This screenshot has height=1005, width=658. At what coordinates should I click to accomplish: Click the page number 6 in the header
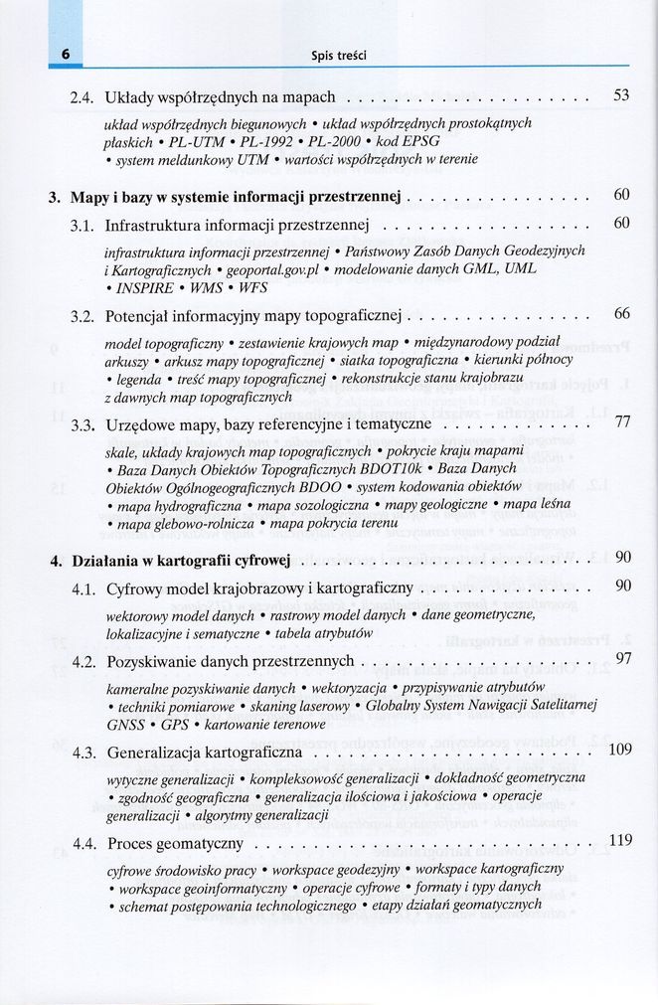[x=64, y=54]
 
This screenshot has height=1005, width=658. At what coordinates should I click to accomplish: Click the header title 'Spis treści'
[x=339, y=55]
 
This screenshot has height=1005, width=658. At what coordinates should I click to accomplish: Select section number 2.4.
[x=82, y=97]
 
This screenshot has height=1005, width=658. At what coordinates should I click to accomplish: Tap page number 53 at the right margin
[x=621, y=95]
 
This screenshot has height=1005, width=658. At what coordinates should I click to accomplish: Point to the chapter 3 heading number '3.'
[x=56, y=197]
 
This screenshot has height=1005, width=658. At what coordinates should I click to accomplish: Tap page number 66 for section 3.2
[x=621, y=314]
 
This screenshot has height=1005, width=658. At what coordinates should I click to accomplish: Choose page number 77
[x=622, y=421]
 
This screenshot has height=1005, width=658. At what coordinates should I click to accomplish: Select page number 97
[x=623, y=657]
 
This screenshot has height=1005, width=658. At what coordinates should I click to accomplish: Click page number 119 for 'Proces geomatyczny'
[x=619, y=841]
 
